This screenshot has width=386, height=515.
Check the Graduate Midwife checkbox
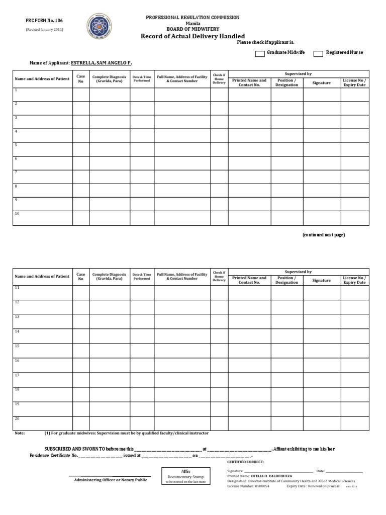click(260, 53)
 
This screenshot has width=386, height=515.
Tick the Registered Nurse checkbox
click(318, 53)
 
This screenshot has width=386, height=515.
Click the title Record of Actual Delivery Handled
click(192, 36)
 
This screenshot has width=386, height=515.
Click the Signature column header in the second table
click(321, 280)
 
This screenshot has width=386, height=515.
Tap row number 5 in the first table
click(16, 145)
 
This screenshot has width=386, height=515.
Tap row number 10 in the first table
click(17, 213)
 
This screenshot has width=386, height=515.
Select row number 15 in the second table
click(17, 346)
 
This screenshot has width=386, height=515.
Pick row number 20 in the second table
click(17, 418)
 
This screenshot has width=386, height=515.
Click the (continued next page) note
click(323, 235)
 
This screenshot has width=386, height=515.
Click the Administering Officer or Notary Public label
click(111, 480)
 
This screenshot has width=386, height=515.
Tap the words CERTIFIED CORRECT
click(245, 461)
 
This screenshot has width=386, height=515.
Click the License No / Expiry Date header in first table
click(354, 82)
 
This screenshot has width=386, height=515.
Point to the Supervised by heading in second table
click(299, 272)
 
